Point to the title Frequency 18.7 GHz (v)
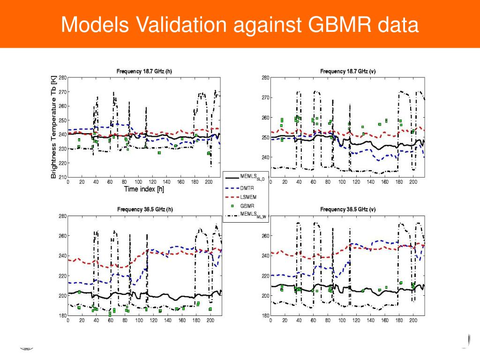[347, 71]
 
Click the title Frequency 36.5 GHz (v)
[347, 209]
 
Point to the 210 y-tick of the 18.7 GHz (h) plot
[63, 177]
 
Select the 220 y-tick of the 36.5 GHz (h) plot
[63, 276]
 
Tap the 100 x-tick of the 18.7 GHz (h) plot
[139, 182]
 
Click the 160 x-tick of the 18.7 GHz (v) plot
[384, 182]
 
